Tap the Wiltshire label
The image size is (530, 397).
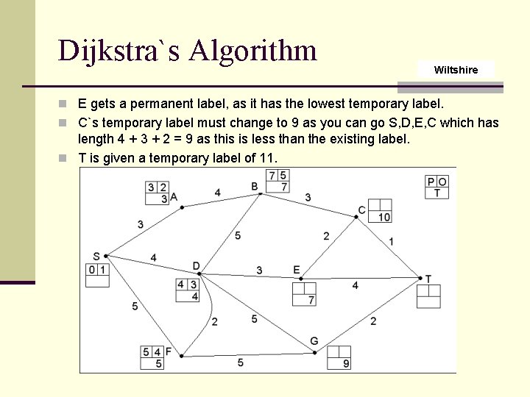click(456, 70)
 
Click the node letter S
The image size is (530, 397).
click(96, 257)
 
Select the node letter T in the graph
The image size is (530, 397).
click(428, 279)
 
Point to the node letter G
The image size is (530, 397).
click(314, 341)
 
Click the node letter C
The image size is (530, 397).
click(361, 211)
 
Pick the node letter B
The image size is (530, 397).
click(255, 187)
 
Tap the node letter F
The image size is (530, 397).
click(169, 352)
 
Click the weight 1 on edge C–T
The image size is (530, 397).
click(391, 241)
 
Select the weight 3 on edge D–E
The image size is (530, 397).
click(259, 271)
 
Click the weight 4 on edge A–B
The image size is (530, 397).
click(218, 193)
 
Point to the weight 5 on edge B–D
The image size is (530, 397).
click(237, 235)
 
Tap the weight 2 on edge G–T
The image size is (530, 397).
click(373, 321)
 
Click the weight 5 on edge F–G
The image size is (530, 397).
click(241, 363)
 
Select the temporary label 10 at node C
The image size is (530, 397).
click(384, 217)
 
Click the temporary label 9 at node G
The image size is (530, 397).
click(345, 364)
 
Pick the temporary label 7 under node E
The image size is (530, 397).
click(311, 300)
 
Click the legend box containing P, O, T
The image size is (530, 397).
click(437, 187)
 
